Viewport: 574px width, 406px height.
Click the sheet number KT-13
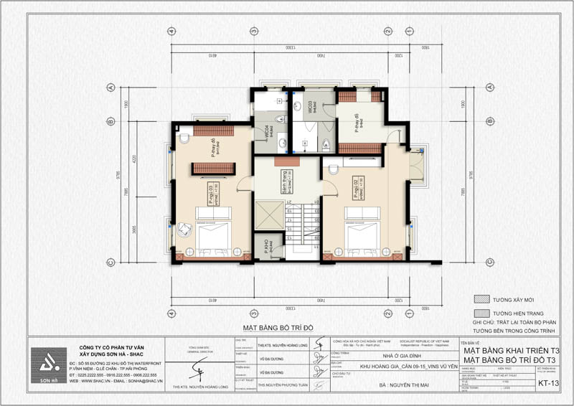(550, 383)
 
